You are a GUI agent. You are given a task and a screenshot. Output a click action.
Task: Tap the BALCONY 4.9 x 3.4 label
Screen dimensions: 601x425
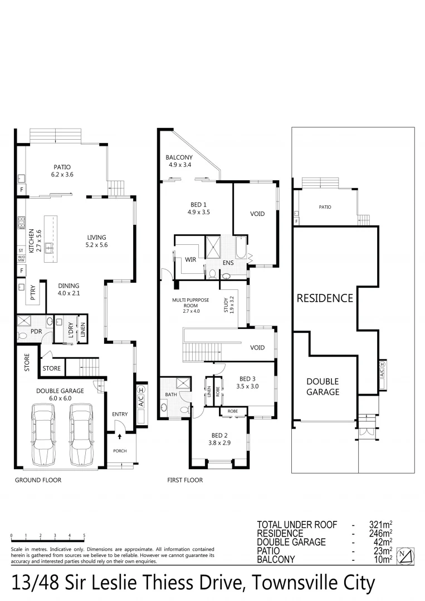tap(179, 161)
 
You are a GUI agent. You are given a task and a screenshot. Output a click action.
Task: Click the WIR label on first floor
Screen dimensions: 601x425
tap(190, 259)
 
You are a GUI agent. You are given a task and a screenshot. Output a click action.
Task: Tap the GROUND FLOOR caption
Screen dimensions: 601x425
tap(38, 480)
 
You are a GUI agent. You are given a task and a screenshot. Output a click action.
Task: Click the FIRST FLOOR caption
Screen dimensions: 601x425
tap(185, 480)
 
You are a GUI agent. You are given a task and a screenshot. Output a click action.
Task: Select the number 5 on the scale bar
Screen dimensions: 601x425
tap(84, 535)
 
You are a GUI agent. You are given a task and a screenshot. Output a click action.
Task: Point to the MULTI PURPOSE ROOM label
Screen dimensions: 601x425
tap(190, 306)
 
